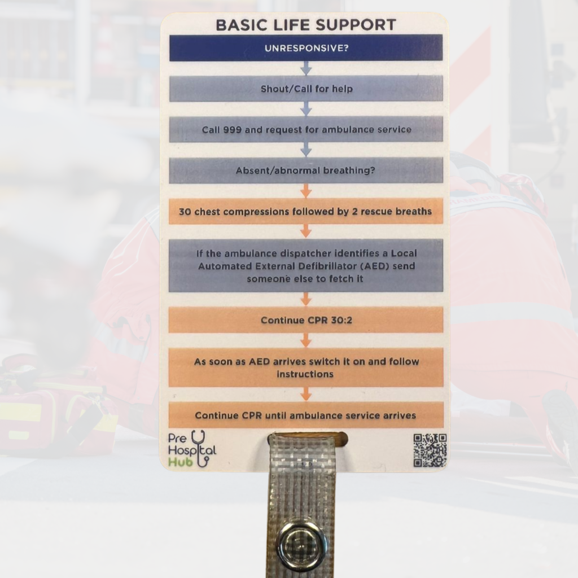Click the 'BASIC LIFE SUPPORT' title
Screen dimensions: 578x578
click(x=306, y=25)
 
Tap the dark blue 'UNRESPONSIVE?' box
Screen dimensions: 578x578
click(x=306, y=48)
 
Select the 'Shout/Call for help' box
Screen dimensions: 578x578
click(x=306, y=89)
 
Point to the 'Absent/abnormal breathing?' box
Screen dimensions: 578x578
click(x=306, y=170)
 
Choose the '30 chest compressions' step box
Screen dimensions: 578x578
click(x=306, y=212)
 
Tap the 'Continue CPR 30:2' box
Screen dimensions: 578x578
click(x=306, y=320)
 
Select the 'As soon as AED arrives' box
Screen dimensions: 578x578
click(x=306, y=367)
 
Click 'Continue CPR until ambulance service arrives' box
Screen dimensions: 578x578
click(x=306, y=415)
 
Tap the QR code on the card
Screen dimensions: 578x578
click(x=430, y=450)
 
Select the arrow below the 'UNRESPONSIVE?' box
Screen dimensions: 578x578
click(x=306, y=68)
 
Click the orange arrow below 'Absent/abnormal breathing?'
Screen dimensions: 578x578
click(x=306, y=191)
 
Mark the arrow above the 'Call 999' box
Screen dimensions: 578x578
click(x=306, y=109)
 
